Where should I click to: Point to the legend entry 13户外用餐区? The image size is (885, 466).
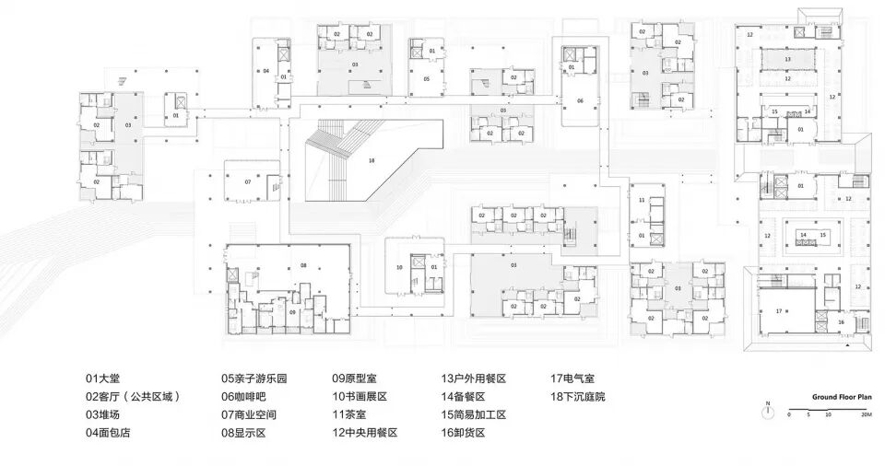(x=474, y=379)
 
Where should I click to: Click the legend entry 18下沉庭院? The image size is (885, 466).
(x=578, y=397)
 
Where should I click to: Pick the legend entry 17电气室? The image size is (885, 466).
(x=572, y=379)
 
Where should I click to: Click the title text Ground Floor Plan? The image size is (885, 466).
(x=842, y=397)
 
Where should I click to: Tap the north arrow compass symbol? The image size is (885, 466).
(x=767, y=412)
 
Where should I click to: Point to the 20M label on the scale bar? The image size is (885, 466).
(x=866, y=416)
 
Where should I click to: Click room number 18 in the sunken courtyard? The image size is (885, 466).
(x=372, y=160)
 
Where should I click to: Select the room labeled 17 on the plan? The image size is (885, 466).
(x=779, y=311)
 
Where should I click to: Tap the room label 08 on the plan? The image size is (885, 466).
(x=303, y=265)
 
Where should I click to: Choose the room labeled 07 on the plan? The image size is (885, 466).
(x=247, y=181)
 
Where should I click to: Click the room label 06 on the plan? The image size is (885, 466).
(x=581, y=99)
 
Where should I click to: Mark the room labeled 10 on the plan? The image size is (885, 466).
(x=400, y=268)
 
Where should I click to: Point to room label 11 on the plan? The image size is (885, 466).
(x=642, y=199)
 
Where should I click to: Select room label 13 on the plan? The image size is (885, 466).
(x=787, y=59)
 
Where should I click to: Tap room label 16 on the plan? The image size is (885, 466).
(x=841, y=322)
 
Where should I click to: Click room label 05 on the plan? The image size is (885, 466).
(x=426, y=80)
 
